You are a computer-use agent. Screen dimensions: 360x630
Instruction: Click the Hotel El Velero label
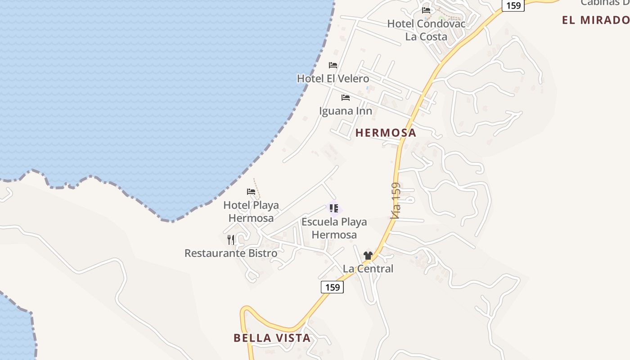coord(333,79)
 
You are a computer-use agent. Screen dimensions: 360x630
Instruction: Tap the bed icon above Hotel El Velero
coord(333,65)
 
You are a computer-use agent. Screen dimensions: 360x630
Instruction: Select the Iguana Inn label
coord(346,111)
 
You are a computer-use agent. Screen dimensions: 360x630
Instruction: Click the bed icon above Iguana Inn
coord(346,97)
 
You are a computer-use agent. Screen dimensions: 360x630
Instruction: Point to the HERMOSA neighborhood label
coord(386,133)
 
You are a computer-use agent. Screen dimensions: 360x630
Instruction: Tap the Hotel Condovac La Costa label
coord(426,30)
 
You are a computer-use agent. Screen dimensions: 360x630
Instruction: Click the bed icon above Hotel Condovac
coord(426,10)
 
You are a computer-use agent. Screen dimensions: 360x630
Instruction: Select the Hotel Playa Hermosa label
coord(251,211)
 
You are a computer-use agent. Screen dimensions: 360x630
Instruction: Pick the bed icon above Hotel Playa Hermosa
coord(251,192)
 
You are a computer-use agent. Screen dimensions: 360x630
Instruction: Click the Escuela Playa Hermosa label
coord(334,228)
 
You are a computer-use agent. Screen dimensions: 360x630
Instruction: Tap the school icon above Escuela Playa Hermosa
coord(334,208)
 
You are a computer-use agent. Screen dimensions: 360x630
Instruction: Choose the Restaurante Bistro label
coord(231,253)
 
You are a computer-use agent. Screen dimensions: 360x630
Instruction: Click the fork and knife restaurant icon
coord(231,239)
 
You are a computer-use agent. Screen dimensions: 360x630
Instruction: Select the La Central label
coord(368,269)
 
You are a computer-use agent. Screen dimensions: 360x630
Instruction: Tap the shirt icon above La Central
coord(368,256)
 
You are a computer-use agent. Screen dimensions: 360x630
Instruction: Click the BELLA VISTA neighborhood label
coord(272,338)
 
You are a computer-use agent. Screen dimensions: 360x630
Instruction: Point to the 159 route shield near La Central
coord(332,287)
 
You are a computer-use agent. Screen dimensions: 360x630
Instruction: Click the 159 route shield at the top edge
coord(513,5)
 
